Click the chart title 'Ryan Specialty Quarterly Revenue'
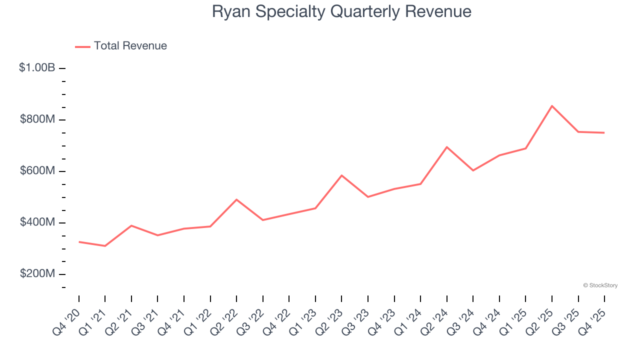pyautogui.click(x=341, y=11)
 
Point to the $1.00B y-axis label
pyautogui.click(x=37, y=67)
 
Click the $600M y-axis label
pyautogui.click(x=37, y=170)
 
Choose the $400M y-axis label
pyautogui.click(x=37, y=222)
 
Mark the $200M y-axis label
pyautogui.click(x=37, y=273)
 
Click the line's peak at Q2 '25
pyautogui.click(x=552, y=106)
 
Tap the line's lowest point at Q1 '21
pyautogui.click(x=105, y=246)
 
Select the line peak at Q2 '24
pyautogui.click(x=446, y=147)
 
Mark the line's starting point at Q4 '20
pyautogui.click(x=79, y=242)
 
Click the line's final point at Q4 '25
pyautogui.click(x=604, y=132)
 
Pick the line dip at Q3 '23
pyautogui.click(x=368, y=197)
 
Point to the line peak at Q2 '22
pyautogui.click(x=236, y=199)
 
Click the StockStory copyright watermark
pyautogui.click(x=600, y=285)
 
